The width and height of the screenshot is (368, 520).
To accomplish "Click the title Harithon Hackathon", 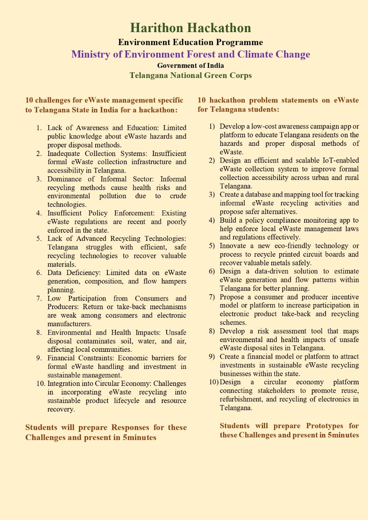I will pyautogui.click(x=190, y=28).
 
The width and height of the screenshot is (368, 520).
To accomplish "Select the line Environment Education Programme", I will pyautogui.click(x=190, y=42).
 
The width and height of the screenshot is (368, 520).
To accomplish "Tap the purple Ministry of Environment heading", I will pyautogui.click(x=190, y=54).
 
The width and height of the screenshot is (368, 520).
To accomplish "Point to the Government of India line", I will pyautogui.click(x=190, y=65).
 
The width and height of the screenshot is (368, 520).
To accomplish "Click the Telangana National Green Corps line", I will pyautogui.click(x=190, y=76).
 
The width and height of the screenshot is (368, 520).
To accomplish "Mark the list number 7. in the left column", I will pyautogui.click(x=39, y=298).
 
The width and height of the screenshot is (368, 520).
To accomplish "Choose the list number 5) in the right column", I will pyautogui.click(x=212, y=246).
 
